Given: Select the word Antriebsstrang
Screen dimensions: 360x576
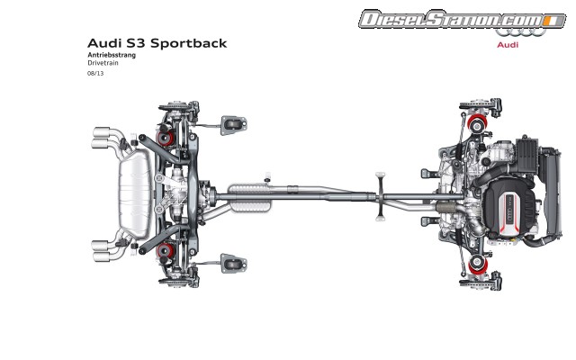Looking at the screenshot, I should (108, 56).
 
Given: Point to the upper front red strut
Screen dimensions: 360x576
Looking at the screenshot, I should (475, 122).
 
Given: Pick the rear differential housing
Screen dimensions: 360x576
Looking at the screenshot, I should (192, 192).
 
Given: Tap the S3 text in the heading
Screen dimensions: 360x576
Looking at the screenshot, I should (134, 42).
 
